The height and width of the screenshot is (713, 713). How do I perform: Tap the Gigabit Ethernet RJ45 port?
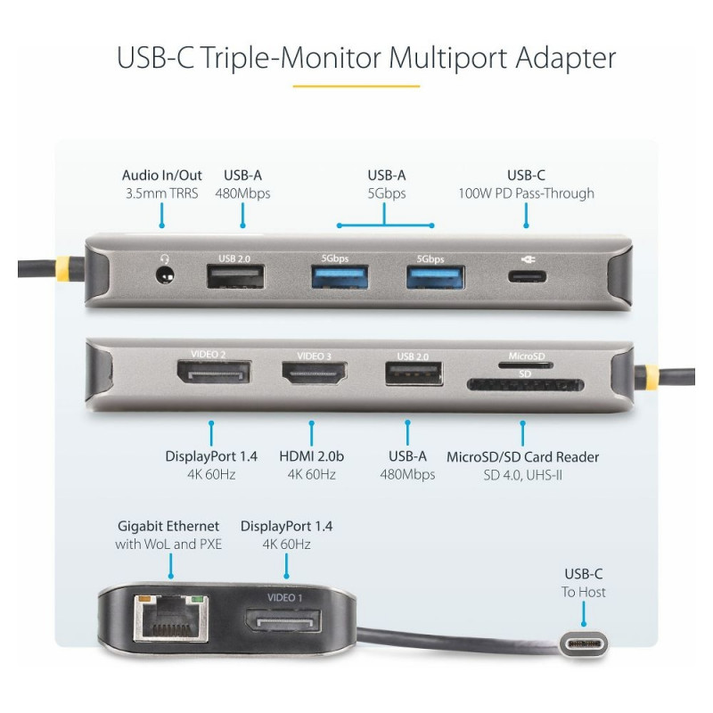(x=171, y=619)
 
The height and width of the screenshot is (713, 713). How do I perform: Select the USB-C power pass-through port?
(x=527, y=276)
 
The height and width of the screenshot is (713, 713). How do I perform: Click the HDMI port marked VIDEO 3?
(x=315, y=373)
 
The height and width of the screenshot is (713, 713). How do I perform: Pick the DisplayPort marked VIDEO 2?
(x=213, y=372)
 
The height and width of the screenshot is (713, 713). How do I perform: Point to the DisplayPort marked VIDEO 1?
(x=283, y=619)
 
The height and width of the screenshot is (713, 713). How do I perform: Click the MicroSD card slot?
(x=526, y=365)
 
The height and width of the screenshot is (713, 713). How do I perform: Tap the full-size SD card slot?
(x=525, y=386)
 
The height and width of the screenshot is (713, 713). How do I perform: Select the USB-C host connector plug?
(x=584, y=644)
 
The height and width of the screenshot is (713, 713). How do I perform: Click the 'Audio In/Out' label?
(x=162, y=175)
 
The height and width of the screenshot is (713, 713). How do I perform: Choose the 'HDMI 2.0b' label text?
(x=311, y=456)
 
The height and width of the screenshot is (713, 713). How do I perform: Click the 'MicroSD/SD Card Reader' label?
(x=522, y=456)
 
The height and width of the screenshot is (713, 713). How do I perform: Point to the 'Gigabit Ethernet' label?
(x=168, y=526)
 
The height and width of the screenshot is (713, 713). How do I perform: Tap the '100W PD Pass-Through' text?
(x=526, y=193)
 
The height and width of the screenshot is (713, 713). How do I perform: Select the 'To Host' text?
(x=584, y=592)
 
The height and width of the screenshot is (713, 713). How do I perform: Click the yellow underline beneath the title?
(x=356, y=86)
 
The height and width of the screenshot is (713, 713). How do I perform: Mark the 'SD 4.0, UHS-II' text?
(x=522, y=475)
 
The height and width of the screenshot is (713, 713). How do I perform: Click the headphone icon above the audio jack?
(x=165, y=258)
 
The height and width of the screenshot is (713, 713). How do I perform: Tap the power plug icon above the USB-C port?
(x=528, y=259)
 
